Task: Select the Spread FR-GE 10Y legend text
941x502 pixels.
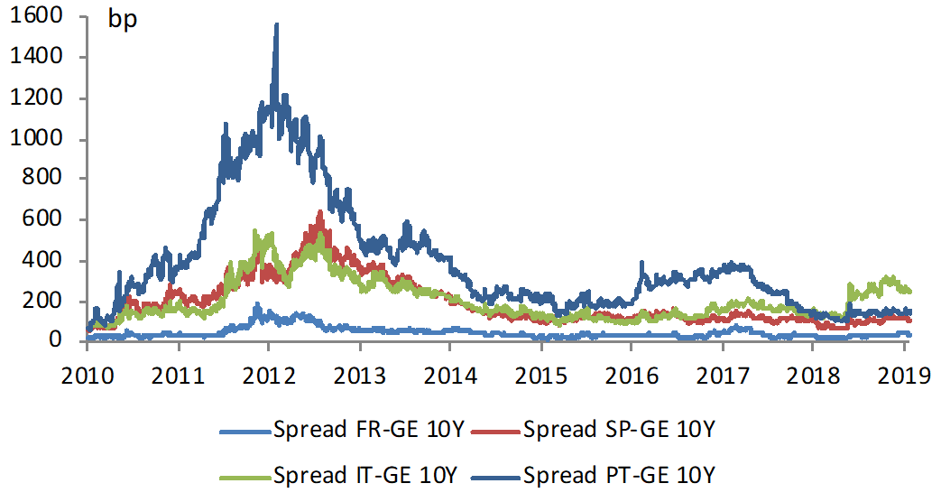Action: (368, 430)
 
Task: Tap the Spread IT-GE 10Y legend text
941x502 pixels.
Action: (366, 473)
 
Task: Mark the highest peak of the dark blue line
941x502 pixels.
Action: (276, 25)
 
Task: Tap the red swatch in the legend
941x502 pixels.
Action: (494, 431)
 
